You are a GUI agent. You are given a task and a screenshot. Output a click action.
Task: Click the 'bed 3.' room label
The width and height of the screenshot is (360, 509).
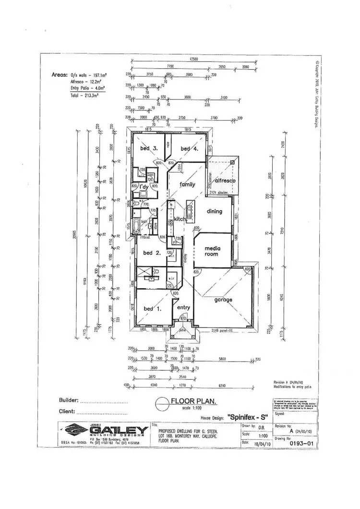(x=149, y=148)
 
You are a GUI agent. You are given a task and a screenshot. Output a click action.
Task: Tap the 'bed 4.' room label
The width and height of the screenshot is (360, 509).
(x=189, y=149)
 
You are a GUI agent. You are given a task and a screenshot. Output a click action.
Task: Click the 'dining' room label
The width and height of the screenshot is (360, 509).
(x=215, y=211)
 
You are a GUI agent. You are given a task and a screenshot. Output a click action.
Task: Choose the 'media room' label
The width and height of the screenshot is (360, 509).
(x=212, y=251)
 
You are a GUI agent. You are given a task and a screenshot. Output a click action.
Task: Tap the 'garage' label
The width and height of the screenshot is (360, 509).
(x=223, y=300)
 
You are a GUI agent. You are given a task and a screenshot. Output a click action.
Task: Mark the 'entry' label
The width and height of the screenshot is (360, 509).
(x=184, y=308)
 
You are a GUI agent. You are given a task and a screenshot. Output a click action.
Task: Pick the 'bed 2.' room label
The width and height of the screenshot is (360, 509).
(x=151, y=253)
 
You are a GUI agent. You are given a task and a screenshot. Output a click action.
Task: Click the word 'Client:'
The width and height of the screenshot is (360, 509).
(x=66, y=412)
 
